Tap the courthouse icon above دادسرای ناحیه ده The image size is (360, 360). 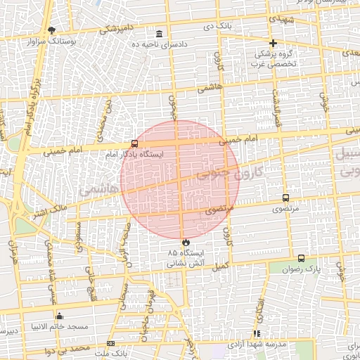tap(160, 34)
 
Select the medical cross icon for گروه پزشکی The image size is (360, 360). tap(273, 43)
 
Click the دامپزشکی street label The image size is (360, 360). tap(113, 29)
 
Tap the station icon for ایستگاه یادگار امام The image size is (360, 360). tap(134, 143)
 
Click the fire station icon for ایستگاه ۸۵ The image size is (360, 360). tap(186, 243)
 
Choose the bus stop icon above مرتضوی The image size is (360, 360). tap(285, 198)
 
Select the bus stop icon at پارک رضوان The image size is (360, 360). tap(302, 259)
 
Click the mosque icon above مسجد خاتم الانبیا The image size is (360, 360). tap(59, 316)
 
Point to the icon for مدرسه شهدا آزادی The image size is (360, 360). tap(257, 333)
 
